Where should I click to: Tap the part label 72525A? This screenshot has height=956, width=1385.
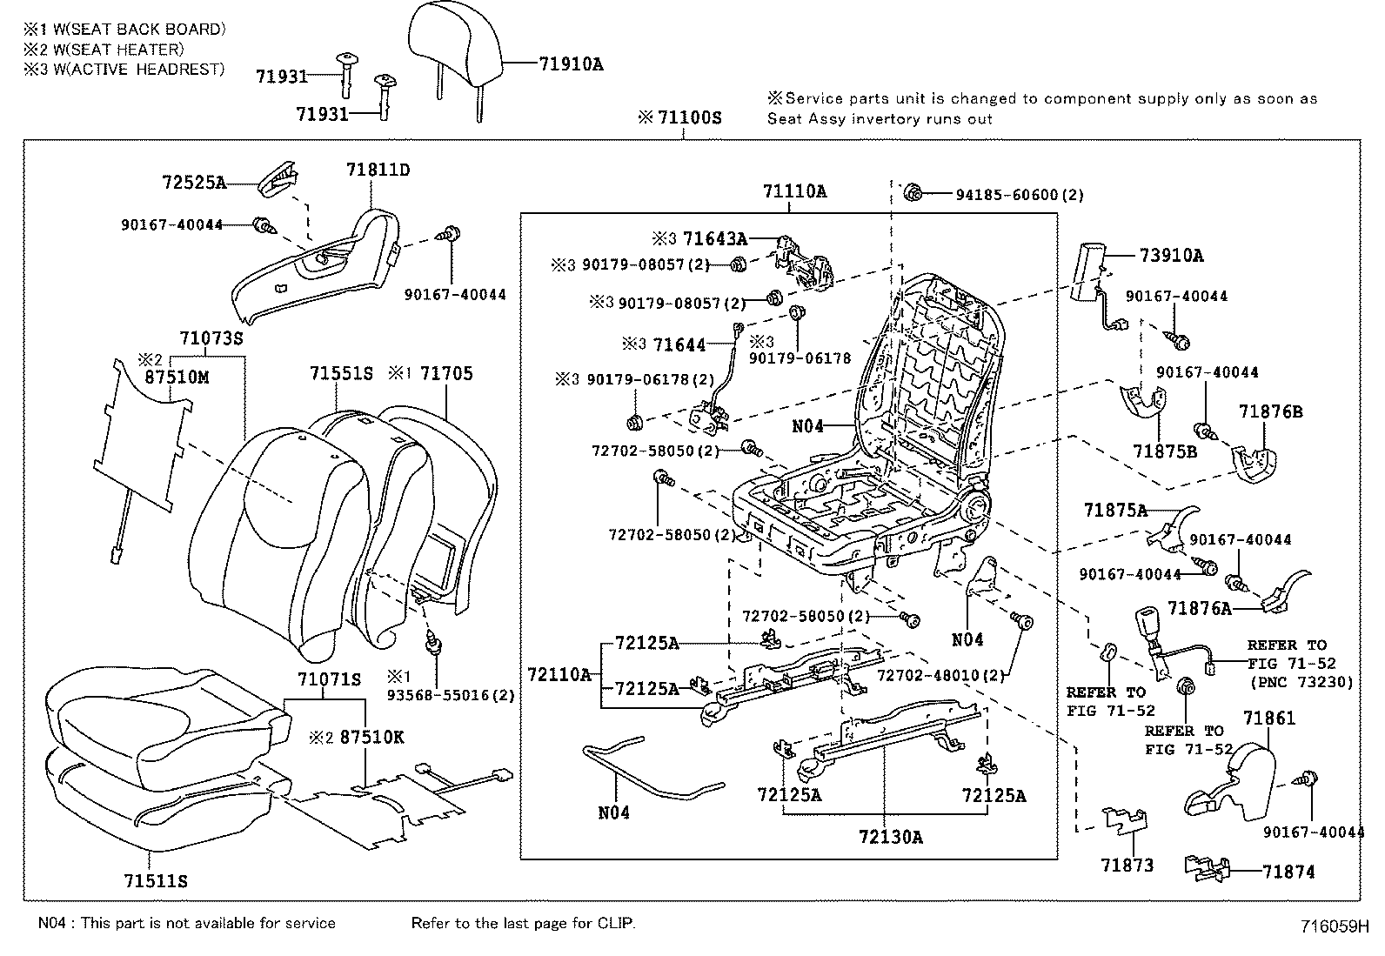[193, 183]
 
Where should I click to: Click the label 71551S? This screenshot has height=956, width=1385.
[340, 374]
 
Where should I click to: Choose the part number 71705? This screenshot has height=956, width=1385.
[446, 374]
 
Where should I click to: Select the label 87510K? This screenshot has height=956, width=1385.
[371, 737]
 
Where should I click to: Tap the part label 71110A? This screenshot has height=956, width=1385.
[794, 191]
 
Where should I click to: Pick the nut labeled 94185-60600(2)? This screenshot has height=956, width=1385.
[913, 193]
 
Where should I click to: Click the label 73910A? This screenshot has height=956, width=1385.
[1171, 256]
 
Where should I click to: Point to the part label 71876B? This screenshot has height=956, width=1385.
[1271, 411]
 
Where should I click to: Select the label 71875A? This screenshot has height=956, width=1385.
[1115, 511]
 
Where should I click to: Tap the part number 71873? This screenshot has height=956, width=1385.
[1127, 865]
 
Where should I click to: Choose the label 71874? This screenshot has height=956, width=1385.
[1288, 872]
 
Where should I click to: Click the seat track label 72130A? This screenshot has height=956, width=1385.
[890, 837]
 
